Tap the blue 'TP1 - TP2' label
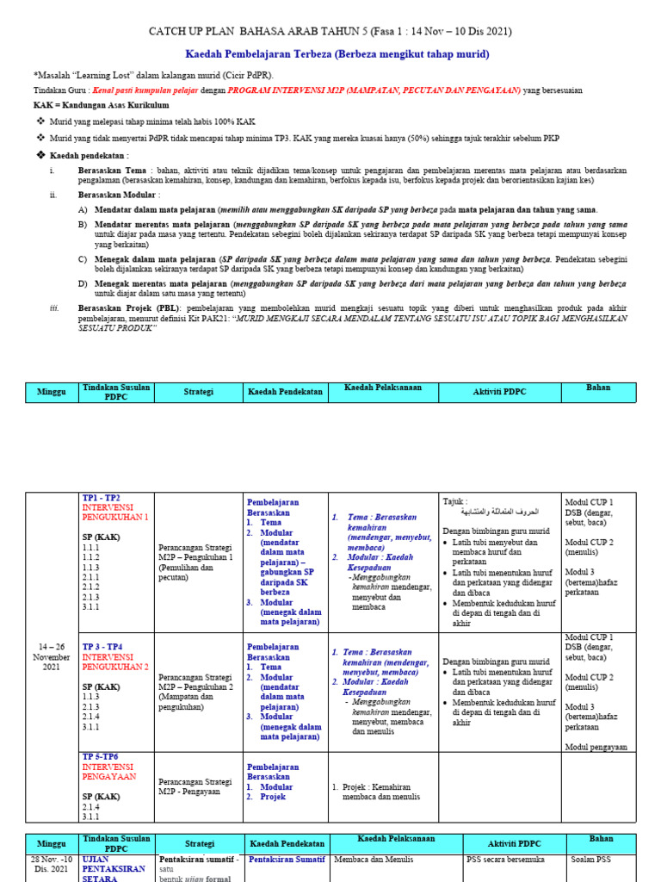coord(102,499)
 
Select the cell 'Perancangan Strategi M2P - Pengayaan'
coord(195,786)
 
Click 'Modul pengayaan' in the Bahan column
coord(596,747)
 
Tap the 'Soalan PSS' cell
coord(593,859)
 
